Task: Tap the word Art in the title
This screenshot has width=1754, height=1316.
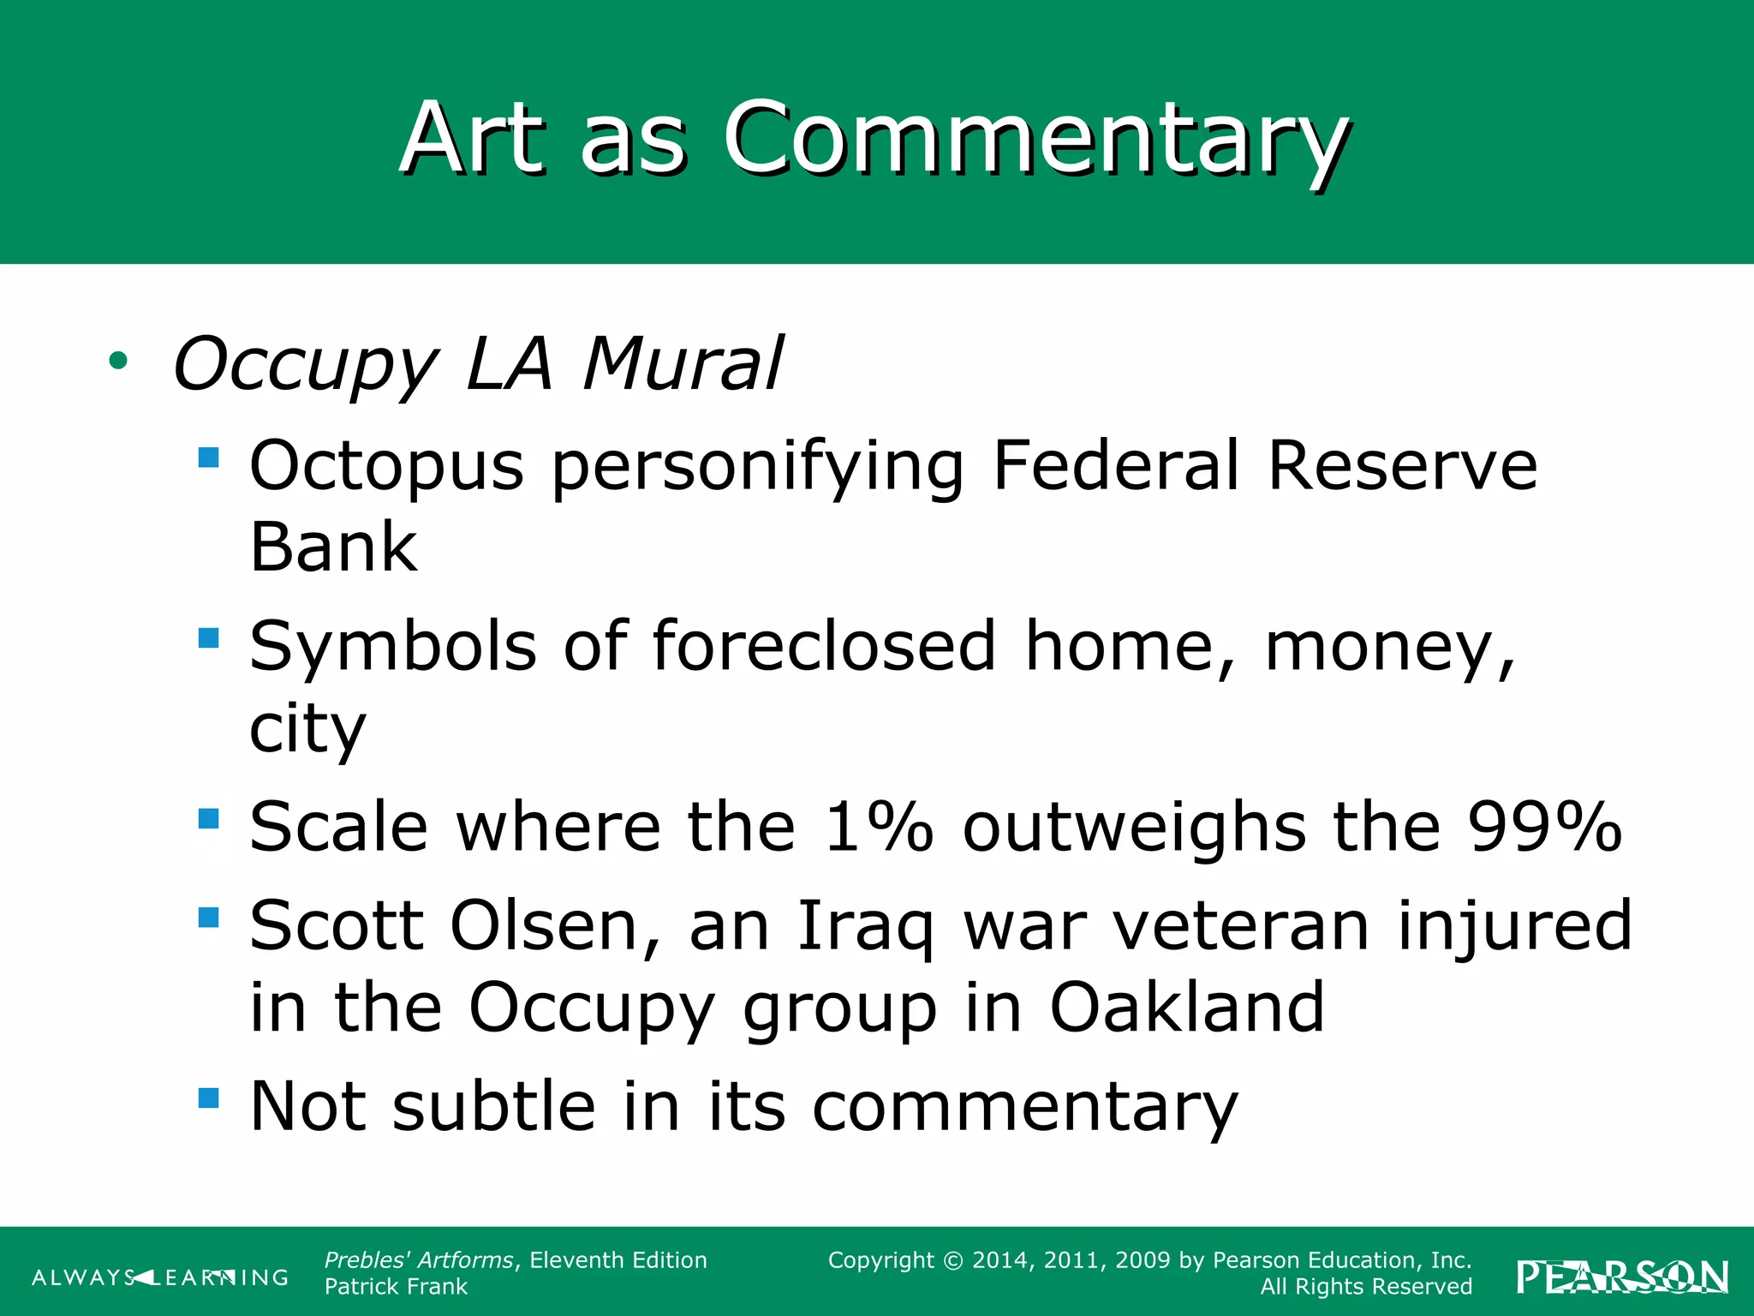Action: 473,139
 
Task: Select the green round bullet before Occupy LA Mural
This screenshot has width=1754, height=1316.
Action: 118,361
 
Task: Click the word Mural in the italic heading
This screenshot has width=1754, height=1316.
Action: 682,363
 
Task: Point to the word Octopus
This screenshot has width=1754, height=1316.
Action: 386,465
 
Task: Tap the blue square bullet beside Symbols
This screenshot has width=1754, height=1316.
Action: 208,637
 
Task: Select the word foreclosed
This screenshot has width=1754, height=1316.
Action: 824,646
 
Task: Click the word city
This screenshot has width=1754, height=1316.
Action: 307,729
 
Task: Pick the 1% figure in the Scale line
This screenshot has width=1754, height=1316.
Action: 878,827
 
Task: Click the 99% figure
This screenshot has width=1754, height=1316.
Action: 1543,827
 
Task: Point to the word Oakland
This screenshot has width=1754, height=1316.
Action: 1186,1008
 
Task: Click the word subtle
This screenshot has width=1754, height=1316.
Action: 493,1106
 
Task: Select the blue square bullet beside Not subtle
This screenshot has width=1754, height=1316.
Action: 208,1098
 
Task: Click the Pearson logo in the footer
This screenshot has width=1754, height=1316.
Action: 1621,1277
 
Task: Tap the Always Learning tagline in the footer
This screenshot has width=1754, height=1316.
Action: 160,1277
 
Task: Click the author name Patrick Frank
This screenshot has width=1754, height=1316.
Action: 396,1287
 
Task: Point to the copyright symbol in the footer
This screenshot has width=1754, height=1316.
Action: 953,1260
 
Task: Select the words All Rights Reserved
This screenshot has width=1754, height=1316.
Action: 1365,1287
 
